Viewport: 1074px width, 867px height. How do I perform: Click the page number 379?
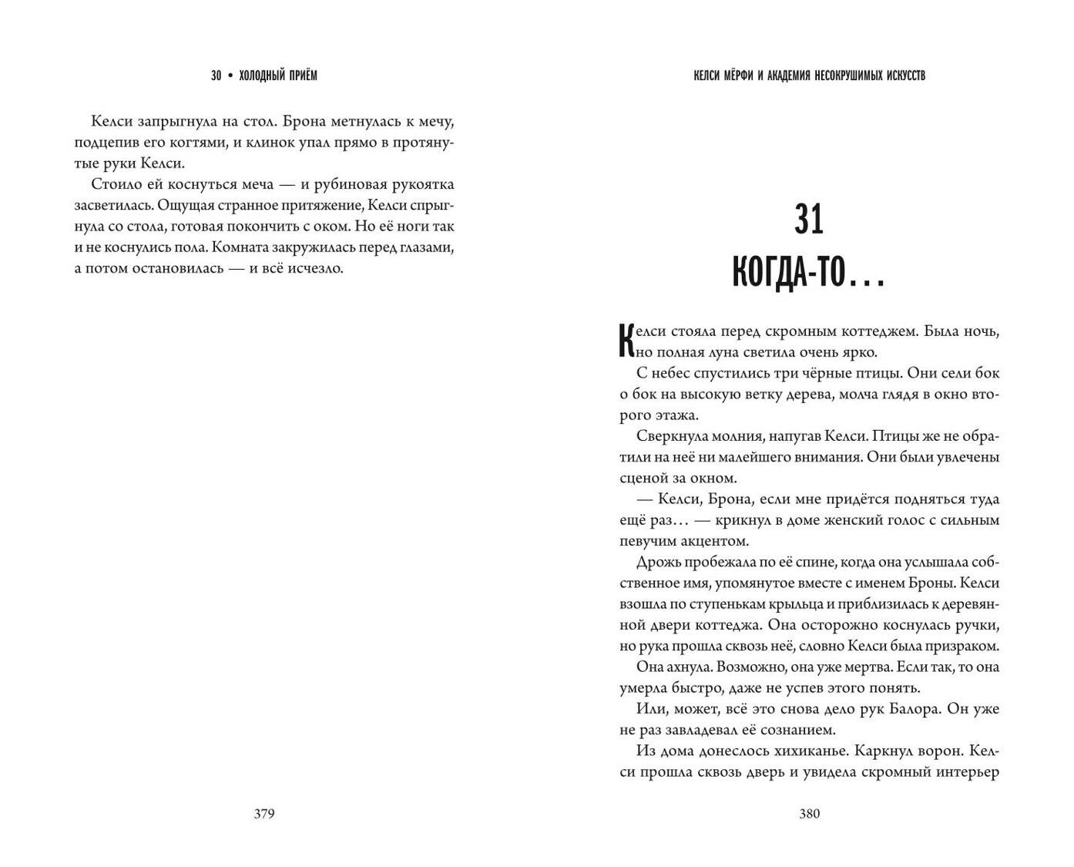(264, 814)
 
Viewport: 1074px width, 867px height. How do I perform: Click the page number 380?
(810, 814)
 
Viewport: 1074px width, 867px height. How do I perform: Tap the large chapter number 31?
(809, 220)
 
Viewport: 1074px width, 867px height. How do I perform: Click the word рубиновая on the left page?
(361, 185)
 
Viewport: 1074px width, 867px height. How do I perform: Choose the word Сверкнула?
(672, 436)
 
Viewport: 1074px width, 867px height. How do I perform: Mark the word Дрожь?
(660, 562)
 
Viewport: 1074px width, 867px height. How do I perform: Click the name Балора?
(948, 708)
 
